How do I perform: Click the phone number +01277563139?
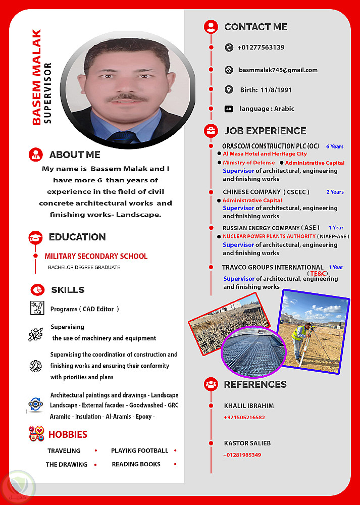(261, 47)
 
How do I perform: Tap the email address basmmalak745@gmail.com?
(278, 70)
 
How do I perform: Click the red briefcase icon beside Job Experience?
(211, 131)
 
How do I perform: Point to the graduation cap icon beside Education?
(35, 237)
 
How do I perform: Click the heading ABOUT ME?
(75, 155)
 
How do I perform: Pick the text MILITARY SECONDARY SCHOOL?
(96, 257)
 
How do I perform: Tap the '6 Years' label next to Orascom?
(334, 146)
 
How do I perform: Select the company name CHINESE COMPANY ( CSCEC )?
(266, 192)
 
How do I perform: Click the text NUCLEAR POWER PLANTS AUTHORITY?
(270, 236)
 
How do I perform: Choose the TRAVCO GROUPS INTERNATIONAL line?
(273, 267)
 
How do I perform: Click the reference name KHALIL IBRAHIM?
(249, 406)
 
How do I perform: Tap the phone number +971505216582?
(244, 418)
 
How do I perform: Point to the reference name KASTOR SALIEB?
(247, 443)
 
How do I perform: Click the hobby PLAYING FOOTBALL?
(139, 450)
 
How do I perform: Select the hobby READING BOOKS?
(136, 464)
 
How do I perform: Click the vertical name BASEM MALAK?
(36, 77)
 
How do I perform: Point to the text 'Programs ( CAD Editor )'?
(85, 309)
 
